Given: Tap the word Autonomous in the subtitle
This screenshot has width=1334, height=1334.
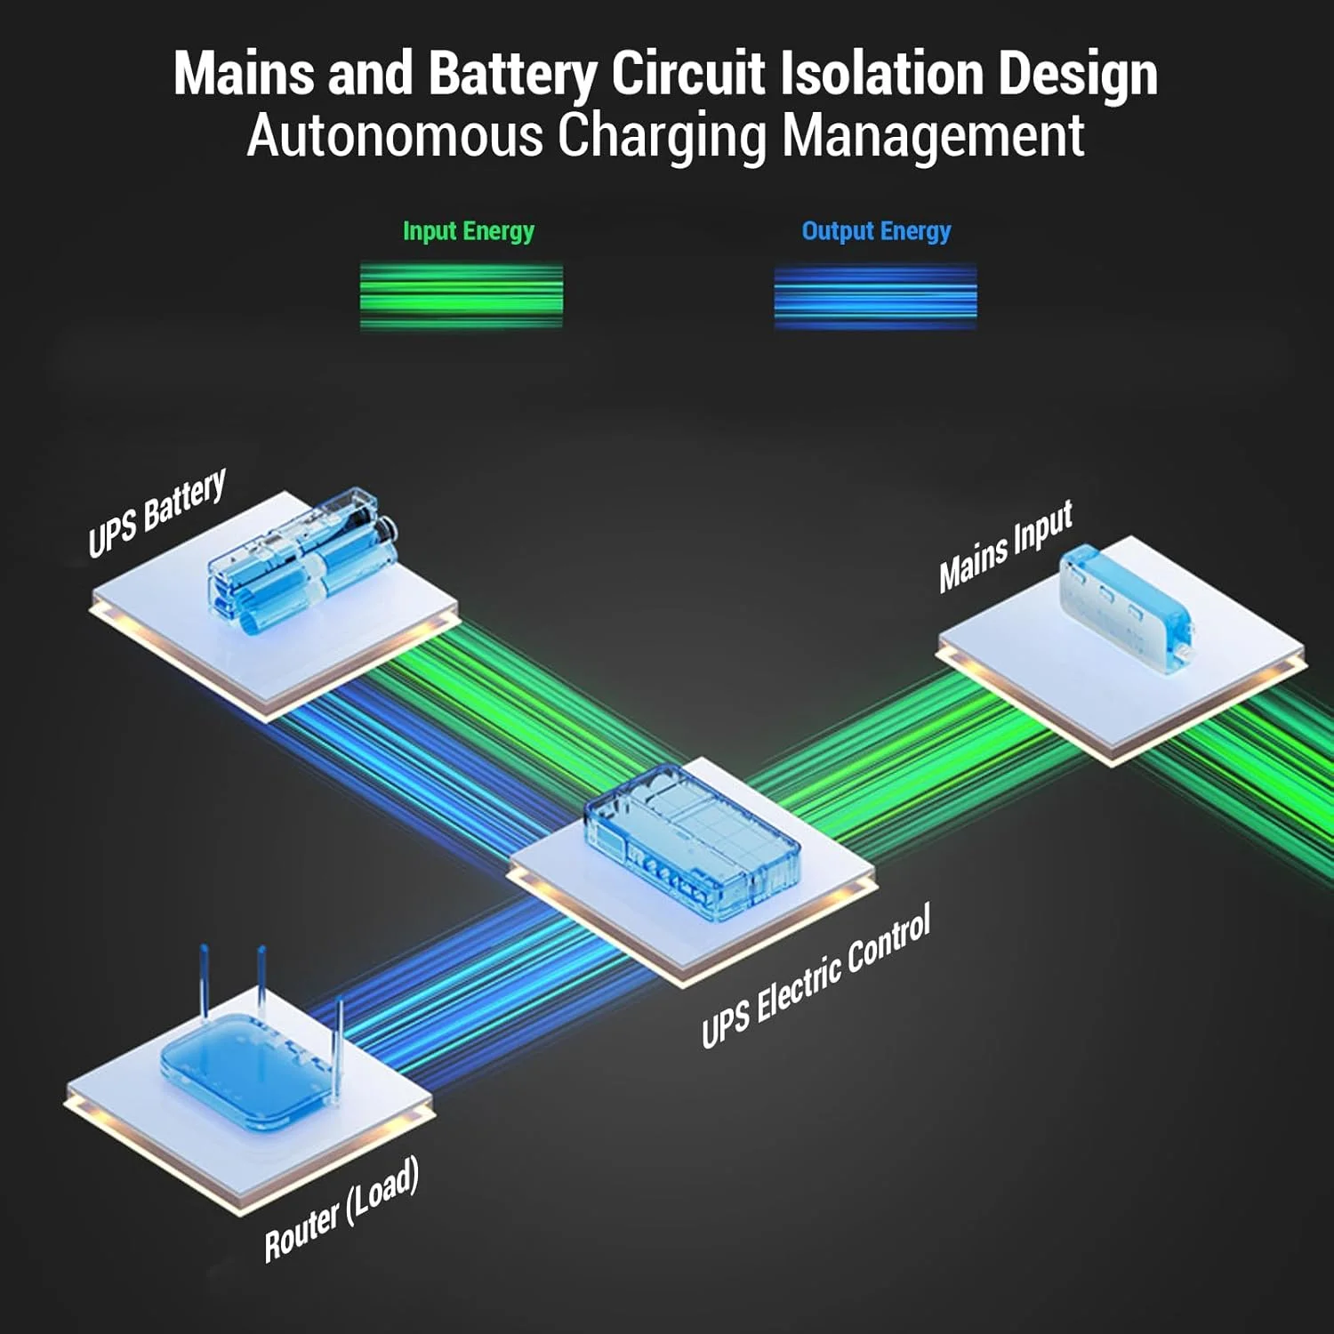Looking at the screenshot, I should pyautogui.click(x=394, y=136).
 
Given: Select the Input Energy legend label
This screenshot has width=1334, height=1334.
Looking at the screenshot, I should pyautogui.click(x=468, y=231).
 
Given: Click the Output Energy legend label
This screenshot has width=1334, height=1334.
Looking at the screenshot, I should pyautogui.click(x=876, y=231).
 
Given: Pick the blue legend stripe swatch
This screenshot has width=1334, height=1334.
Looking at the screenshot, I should pyautogui.click(x=875, y=296).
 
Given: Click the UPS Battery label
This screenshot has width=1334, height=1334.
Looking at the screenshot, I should pyautogui.click(x=157, y=512).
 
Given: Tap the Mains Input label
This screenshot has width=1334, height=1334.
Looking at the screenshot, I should pyautogui.click(x=1006, y=546).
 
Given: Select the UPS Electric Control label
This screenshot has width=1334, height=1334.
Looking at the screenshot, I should pyautogui.click(x=816, y=976).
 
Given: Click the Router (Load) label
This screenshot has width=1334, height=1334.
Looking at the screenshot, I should pyautogui.click(x=342, y=1209).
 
